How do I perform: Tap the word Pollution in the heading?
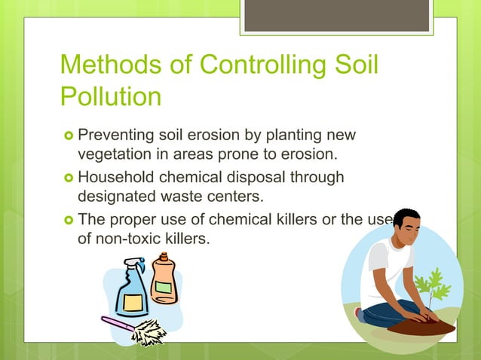coord(111,97)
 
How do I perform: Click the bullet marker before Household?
coord(69,178)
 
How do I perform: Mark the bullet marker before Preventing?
coord(69,136)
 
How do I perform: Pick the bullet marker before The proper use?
coord(69,220)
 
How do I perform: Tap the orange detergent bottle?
coord(164,278)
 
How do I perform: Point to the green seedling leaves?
coord(429,287)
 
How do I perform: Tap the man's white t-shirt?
coord(384,272)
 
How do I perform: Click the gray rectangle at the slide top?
coord(337,15)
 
